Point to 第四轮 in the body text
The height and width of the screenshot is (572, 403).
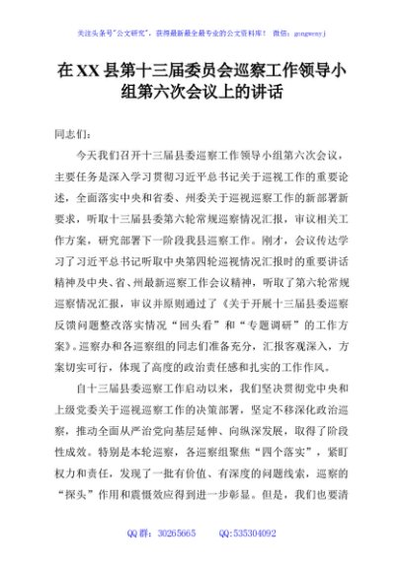click(x=226, y=252)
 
